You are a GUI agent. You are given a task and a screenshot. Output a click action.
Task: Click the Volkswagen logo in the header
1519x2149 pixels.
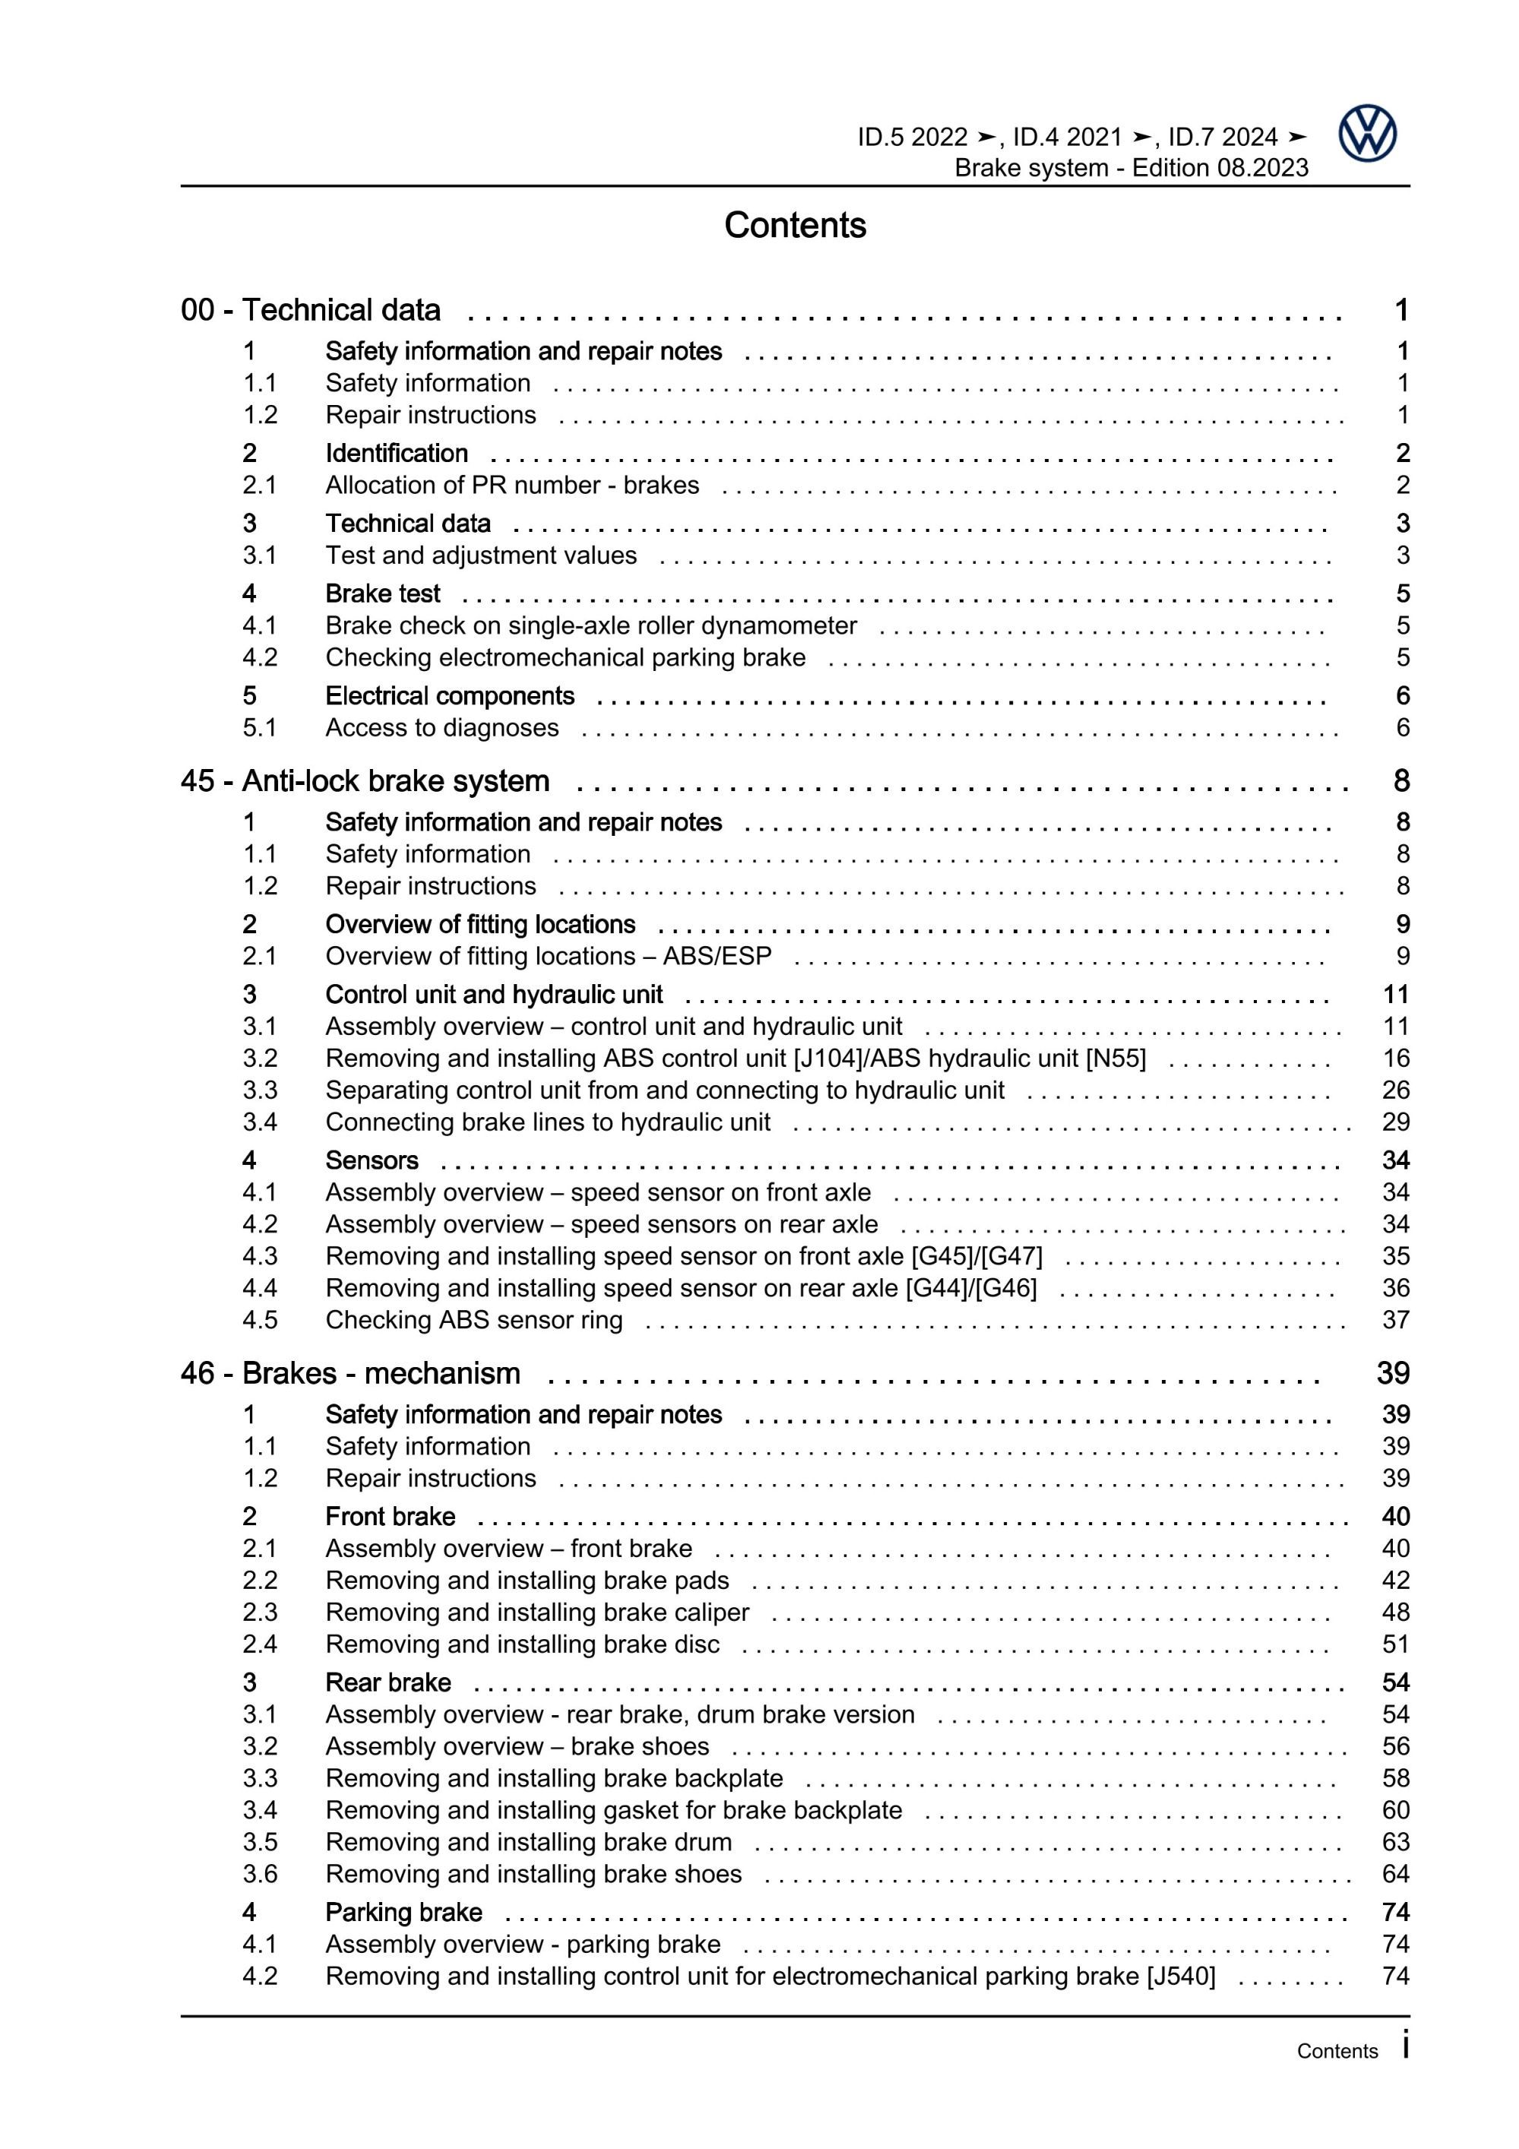pyautogui.click(x=1366, y=134)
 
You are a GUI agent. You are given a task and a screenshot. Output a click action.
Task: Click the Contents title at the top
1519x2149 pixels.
pyautogui.click(x=795, y=226)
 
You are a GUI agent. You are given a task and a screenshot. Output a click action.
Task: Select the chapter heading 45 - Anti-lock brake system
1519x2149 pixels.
pyautogui.click(x=365, y=780)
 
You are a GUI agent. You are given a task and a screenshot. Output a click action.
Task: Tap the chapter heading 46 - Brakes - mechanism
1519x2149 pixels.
pyautogui.click(x=350, y=1373)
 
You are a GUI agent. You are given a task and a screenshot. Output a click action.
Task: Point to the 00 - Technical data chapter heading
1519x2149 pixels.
pyautogui.click(x=310, y=310)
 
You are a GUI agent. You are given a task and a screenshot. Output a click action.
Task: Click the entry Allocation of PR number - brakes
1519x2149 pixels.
pyautogui.click(x=512, y=485)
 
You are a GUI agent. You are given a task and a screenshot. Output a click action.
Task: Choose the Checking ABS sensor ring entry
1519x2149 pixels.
pyautogui.click(x=473, y=1320)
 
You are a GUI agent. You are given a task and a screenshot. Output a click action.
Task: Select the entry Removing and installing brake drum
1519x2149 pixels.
pyautogui.click(x=528, y=1842)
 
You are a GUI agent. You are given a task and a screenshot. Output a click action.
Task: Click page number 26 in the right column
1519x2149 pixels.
pyautogui.click(x=1394, y=1090)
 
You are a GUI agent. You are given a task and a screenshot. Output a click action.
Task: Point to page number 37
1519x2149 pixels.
pyautogui.click(x=1394, y=1320)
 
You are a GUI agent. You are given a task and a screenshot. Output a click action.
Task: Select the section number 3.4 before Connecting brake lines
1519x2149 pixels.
pyautogui.click(x=259, y=1122)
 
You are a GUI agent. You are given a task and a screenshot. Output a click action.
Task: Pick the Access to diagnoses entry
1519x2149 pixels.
pyautogui.click(x=441, y=727)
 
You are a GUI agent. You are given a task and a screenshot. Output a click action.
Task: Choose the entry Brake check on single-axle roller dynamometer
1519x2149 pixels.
pyautogui.click(x=590, y=625)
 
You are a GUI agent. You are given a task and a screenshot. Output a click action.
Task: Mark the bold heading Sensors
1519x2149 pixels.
pyautogui.click(x=372, y=1160)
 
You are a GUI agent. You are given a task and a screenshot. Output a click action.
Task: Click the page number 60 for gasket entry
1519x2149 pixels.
pyautogui.click(x=1394, y=1810)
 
